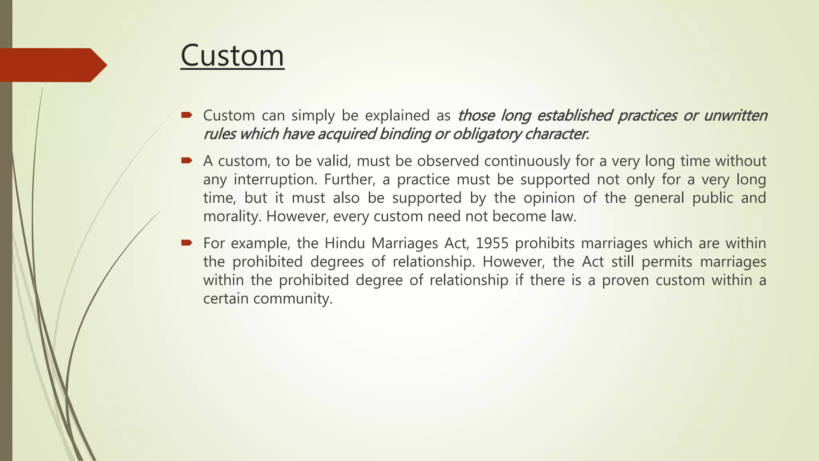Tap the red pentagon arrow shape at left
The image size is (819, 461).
click(x=52, y=65)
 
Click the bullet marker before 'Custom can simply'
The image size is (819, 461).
click(x=186, y=116)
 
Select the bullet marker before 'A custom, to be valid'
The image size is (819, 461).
click(x=186, y=161)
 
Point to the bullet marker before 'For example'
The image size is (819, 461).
click(x=186, y=243)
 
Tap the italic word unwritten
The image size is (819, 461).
click(x=735, y=116)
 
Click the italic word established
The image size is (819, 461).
click(x=574, y=116)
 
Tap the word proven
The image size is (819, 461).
click(x=625, y=280)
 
